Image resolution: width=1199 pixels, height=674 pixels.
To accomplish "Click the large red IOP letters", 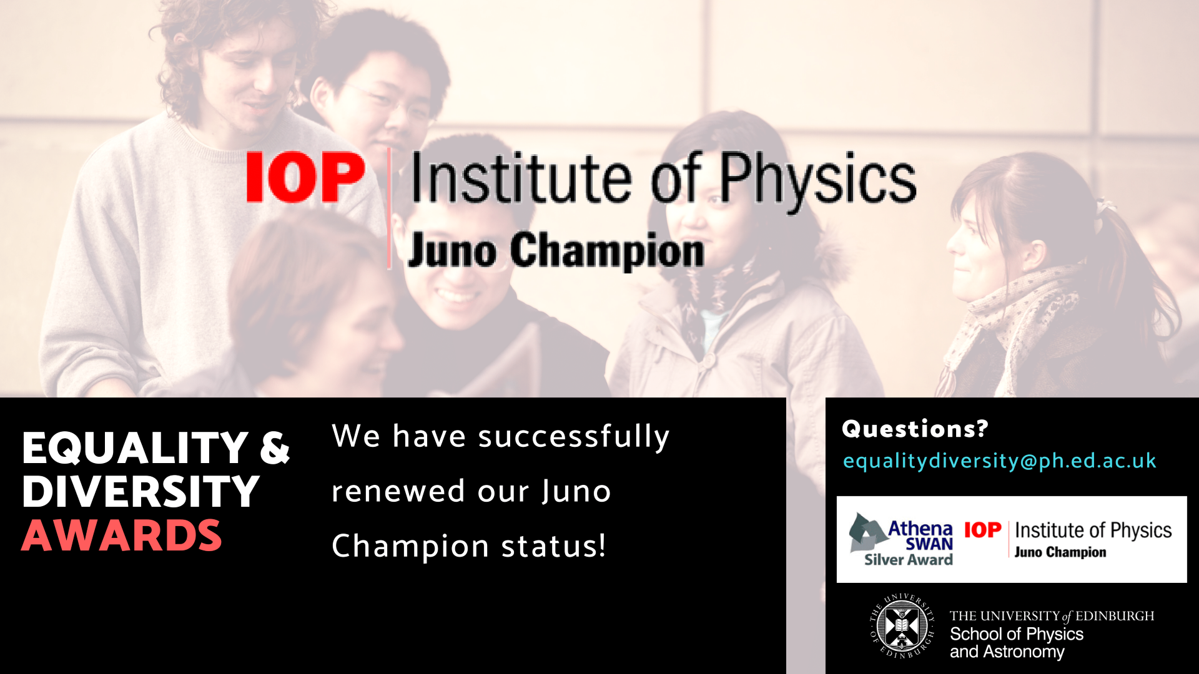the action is tap(305, 177).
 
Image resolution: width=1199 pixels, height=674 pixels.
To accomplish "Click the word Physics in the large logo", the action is tap(818, 181).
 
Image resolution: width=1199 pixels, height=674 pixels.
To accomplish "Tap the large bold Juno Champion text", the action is tap(556, 251).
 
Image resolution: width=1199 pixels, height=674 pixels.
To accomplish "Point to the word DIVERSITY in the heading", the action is tap(141, 492).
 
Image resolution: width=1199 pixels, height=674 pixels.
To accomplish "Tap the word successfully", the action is tap(574, 436).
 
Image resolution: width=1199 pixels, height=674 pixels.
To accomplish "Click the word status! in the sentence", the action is tap(553, 546).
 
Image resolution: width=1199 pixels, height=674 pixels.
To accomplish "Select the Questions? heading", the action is tap(915, 429).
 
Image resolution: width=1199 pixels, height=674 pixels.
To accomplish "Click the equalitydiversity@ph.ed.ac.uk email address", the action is tap(999, 461).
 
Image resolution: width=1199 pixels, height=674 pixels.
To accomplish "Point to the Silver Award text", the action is tap(908, 559).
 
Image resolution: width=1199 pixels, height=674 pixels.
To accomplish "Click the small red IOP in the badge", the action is tap(983, 530).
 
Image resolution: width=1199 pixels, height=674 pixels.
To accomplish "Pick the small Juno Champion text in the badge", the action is tap(1060, 552).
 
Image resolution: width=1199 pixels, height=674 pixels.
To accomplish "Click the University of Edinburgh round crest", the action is tap(902, 626).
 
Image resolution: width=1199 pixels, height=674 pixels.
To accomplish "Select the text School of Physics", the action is tap(1017, 634).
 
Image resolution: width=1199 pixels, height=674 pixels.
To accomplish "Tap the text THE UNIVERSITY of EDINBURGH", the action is tap(1052, 616).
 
